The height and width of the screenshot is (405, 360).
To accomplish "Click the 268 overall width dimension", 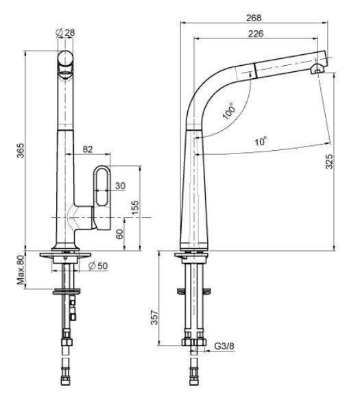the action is [254, 18].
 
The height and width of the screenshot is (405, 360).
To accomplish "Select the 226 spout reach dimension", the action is [256, 34].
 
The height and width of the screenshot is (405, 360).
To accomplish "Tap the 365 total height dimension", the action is [21, 150].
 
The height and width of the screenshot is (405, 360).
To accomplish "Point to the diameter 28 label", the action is [65, 32].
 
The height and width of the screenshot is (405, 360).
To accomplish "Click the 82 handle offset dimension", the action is [88, 149].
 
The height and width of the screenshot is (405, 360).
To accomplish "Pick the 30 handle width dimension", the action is [120, 186].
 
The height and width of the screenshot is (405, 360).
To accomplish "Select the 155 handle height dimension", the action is [135, 208].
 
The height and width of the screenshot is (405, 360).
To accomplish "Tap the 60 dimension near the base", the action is [119, 234].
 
